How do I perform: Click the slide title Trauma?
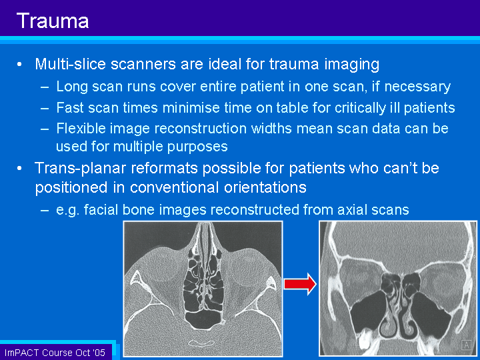click(x=53, y=21)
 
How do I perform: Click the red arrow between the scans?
click(x=300, y=284)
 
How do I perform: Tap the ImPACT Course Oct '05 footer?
click(x=55, y=353)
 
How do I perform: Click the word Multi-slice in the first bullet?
click(x=71, y=64)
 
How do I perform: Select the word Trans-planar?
click(x=80, y=168)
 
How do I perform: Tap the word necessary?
click(x=417, y=87)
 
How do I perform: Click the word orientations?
click(x=265, y=187)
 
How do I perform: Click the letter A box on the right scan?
click(x=467, y=345)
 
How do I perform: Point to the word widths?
click(x=271, y=128)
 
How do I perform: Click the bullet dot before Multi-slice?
click(x=19, y=65)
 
